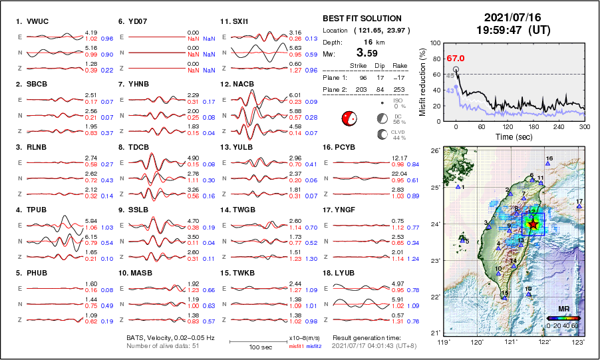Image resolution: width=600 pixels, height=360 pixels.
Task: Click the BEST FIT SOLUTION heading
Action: (x=361, y=19)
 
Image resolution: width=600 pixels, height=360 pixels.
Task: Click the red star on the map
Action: (x=533, y=224)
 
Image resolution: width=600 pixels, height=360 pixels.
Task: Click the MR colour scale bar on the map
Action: (x=563, y=318)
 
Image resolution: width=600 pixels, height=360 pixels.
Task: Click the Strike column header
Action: (x=358, y=67)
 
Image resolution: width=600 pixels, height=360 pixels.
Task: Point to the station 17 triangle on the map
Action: (x=579, y=207)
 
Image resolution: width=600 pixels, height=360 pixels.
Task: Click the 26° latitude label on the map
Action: (x=433, y=151)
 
